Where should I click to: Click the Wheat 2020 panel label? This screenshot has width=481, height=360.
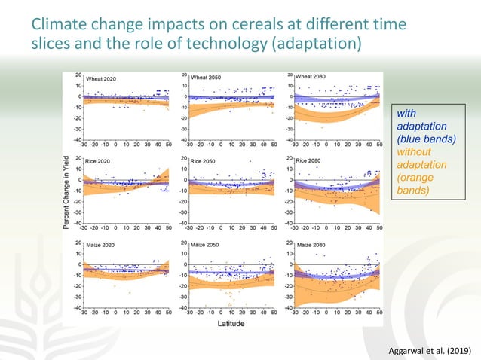102,78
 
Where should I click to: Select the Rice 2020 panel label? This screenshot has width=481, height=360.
100,161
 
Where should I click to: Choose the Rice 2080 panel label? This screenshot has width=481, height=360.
310,161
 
